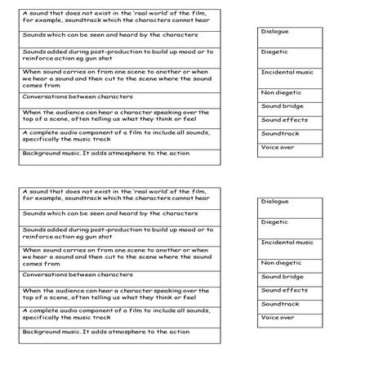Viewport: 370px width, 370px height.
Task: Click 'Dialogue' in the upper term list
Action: coord(274,31)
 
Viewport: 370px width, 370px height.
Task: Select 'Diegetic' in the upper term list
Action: coord(274,51)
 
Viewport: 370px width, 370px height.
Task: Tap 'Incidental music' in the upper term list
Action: coord(287,72)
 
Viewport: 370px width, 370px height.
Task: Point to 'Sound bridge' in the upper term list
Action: coord(282,106)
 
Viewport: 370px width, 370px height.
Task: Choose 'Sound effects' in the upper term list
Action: coord(284,119)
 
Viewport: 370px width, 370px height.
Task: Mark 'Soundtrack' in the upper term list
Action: coord(280,133)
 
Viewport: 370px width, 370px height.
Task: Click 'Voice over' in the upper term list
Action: coord(278,147)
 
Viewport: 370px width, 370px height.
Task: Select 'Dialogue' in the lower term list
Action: coord(274,201)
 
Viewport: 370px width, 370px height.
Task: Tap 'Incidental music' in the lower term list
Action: coord(287,242)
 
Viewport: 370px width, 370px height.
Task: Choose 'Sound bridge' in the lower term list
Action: coord(282,276)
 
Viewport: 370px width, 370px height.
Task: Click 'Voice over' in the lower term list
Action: coord(278,317)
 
